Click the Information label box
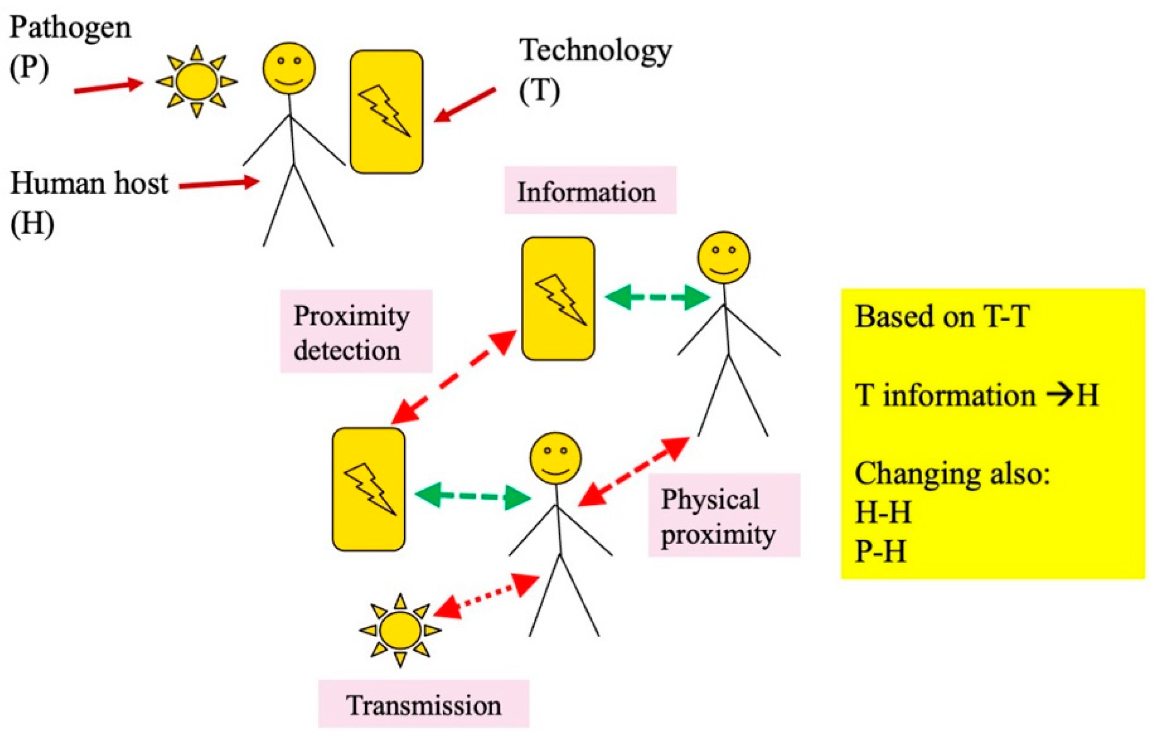(x=590, y=190)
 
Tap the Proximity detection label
(x=356, y=331)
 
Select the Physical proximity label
(x=724, y=516)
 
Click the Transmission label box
(x=424, y=705)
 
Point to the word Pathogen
(x=70, y=28)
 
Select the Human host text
(x=90, y=184)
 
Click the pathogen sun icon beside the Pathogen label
(x=196, y=81)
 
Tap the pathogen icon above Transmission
(x=400, y=630)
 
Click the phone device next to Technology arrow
(x=386, y=112)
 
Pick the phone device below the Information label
(x=558, y=298)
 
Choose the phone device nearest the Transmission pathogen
(x=368, y=489)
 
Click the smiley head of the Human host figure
(x=289, y=68)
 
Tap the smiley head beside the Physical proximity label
(x=555, y=458)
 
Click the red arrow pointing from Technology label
(x=464, y=104)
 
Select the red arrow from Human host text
(x=219, y=184)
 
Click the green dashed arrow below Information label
(x=657, y=297)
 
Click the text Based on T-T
(x=942, y=317)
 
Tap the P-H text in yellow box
(x=880, y=551)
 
